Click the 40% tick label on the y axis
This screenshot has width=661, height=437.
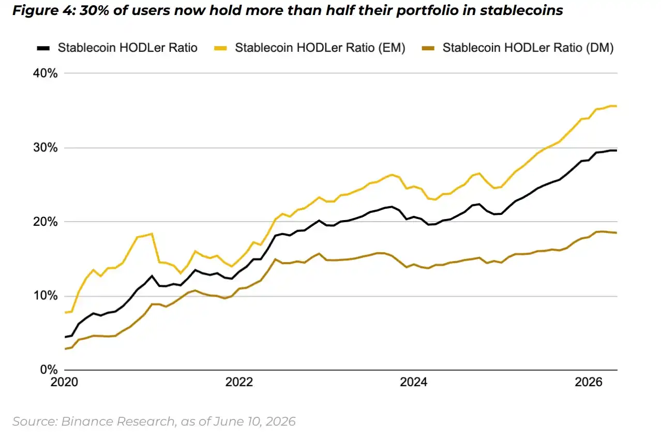tap(45, 74)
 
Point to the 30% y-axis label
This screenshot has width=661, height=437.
tap(45, 148)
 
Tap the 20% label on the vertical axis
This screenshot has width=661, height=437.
tap(45, 222)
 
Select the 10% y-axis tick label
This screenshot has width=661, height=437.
tap(45, 296)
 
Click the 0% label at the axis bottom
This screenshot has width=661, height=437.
tap(49, 370)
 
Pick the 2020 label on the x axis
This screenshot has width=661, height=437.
tap(64, 382)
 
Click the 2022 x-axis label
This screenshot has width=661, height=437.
tap(239, 382)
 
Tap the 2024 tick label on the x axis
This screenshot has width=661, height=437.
tap(413, 382)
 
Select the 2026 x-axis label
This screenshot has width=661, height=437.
tap(589, 382)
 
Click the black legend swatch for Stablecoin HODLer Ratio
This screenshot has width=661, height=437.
tap(43, 48)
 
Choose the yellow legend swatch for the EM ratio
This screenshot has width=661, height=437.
tap(220, 48)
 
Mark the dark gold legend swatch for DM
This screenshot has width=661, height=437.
tap(428, 48)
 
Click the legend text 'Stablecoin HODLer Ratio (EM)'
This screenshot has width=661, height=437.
tap(320, 48)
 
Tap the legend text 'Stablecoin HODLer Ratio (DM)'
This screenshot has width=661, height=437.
tap(528, 48)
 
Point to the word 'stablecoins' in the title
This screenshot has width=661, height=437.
tap(521, 11)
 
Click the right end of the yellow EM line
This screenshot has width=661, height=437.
tap(617, 106)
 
